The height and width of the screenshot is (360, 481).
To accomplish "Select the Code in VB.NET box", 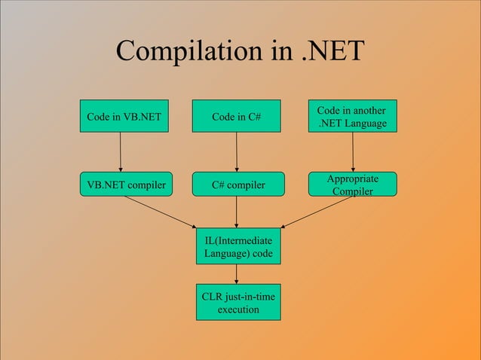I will [x=124, y=117].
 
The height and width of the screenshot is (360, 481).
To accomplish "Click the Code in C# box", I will [x=236, y=117].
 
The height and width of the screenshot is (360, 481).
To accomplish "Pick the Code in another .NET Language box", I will [x=352, y=117].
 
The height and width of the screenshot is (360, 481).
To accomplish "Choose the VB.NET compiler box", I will [x=126, y=184].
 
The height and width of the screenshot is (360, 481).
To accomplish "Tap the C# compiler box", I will [x=238, y=184].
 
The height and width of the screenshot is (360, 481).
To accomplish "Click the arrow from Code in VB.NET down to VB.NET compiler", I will [x=121, y=153].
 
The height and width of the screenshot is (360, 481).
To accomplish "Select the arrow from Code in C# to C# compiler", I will [x=237, y=153].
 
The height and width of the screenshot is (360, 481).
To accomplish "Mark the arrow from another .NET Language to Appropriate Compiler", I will [x=353, y=154].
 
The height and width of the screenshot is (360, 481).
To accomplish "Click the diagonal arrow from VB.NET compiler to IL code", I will [x=161, y=211].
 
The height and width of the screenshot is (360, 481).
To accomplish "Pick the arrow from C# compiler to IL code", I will [x=237, y=211].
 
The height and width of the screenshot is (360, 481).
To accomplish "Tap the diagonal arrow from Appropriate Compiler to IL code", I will [x=317, y=212].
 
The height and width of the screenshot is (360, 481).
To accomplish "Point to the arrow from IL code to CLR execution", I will [x=237, y=275].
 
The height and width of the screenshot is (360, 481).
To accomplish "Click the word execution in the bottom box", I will [x=238, y=310].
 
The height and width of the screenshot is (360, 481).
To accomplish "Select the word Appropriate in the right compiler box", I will [x=353, y=178].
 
